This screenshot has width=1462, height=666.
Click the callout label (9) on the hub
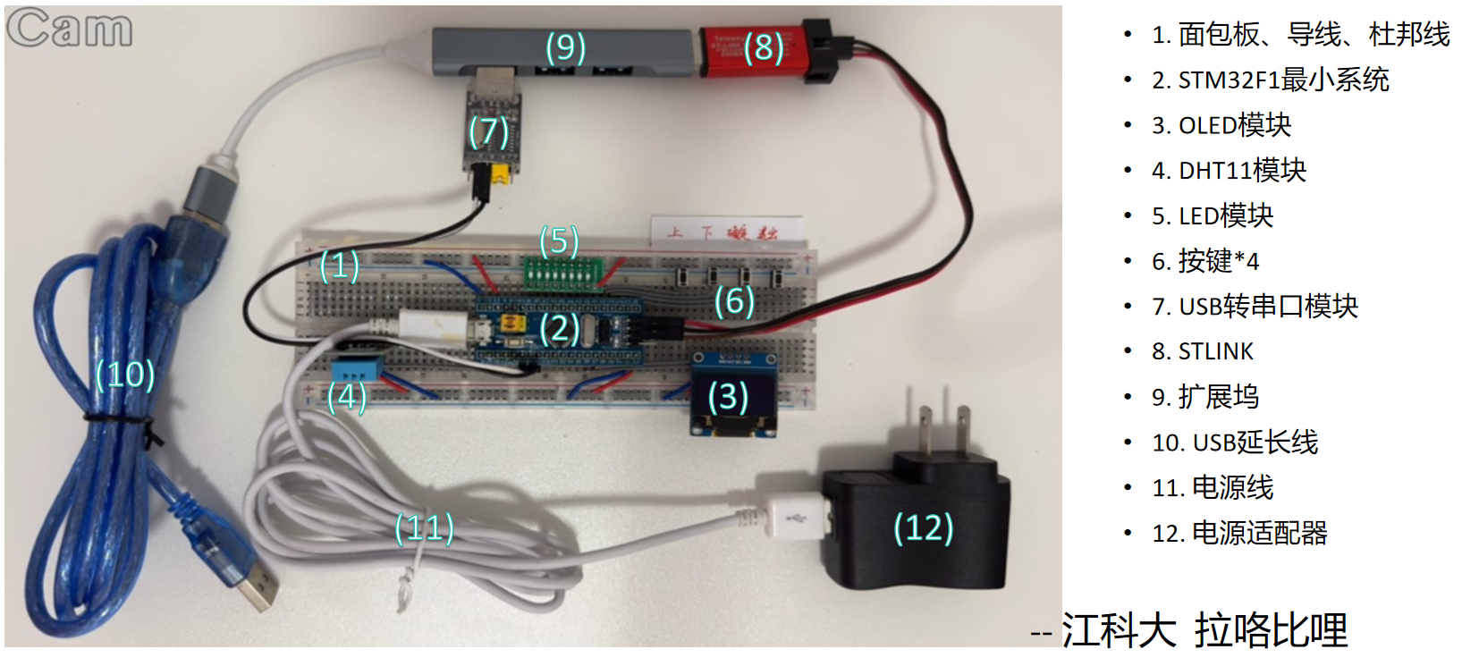click(565, 47)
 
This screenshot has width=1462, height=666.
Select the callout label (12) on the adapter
click(923, 527)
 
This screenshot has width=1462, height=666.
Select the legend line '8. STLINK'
click(1202, 351)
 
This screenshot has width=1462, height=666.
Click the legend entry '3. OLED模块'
click(1221, 125)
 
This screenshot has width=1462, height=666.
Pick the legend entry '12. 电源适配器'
click(1239, 533)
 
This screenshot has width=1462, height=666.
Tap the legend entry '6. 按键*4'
click(1205, 261)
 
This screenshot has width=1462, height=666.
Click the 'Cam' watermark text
click(70, 28)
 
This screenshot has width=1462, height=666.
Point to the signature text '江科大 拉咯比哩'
click(1204, 630)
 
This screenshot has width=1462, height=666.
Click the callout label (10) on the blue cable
click(125, 375)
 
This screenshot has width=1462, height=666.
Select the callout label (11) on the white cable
click(425, 527)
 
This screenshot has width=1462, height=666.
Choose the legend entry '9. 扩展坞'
click(1205, 396)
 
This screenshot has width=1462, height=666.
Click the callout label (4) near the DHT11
click(347, 397)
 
